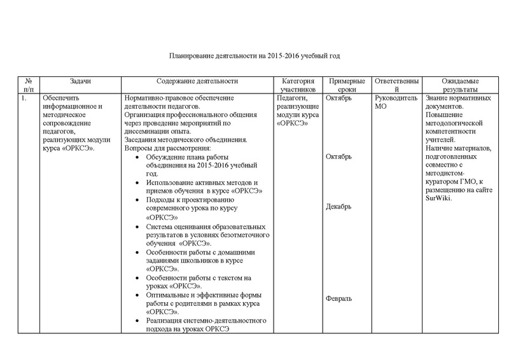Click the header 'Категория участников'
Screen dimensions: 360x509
coord(297,86)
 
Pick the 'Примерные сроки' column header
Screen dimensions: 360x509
coord(347,86)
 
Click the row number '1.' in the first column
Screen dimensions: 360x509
coord(24,99)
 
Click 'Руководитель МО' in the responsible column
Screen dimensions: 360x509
coord(396,102)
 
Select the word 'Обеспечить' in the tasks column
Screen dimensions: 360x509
coord(60,99)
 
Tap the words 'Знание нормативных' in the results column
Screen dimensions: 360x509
coord(456,99)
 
